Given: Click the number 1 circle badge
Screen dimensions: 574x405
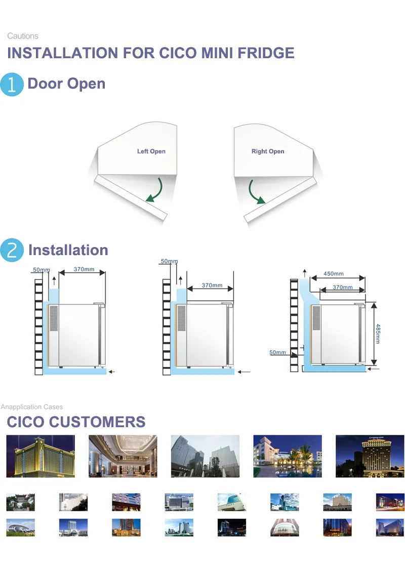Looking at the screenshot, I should [x=12, y=85].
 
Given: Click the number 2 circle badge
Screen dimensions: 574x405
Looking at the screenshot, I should [x=12, y=250].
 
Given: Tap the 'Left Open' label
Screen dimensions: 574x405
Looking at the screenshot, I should [x=151, y=151].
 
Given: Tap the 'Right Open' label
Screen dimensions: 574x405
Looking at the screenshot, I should [x=268, y=151].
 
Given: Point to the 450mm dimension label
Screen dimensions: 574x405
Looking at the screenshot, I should [x=334, y=274].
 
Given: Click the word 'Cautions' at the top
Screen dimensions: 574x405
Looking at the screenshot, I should [x=23, y=36].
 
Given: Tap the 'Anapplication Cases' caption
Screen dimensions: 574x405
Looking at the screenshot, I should [x=32, y=407].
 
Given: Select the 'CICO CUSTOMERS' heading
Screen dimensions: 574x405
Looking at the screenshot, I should [x=76, y=422].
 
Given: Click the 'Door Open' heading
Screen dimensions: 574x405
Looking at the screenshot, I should [x=66, y=84].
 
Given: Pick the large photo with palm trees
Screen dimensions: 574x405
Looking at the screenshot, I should [x=287, y=456].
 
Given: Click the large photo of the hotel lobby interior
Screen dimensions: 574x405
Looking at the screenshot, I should [x=123, y=456].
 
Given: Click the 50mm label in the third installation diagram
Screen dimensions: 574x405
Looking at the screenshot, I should [x=277, y=352].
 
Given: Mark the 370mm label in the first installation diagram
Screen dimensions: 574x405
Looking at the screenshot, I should [x=84, y=269].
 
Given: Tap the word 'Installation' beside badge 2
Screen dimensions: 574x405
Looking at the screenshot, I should [x=68, y=250].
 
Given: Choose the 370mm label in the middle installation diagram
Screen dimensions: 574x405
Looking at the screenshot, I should [x=212, y=285].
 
